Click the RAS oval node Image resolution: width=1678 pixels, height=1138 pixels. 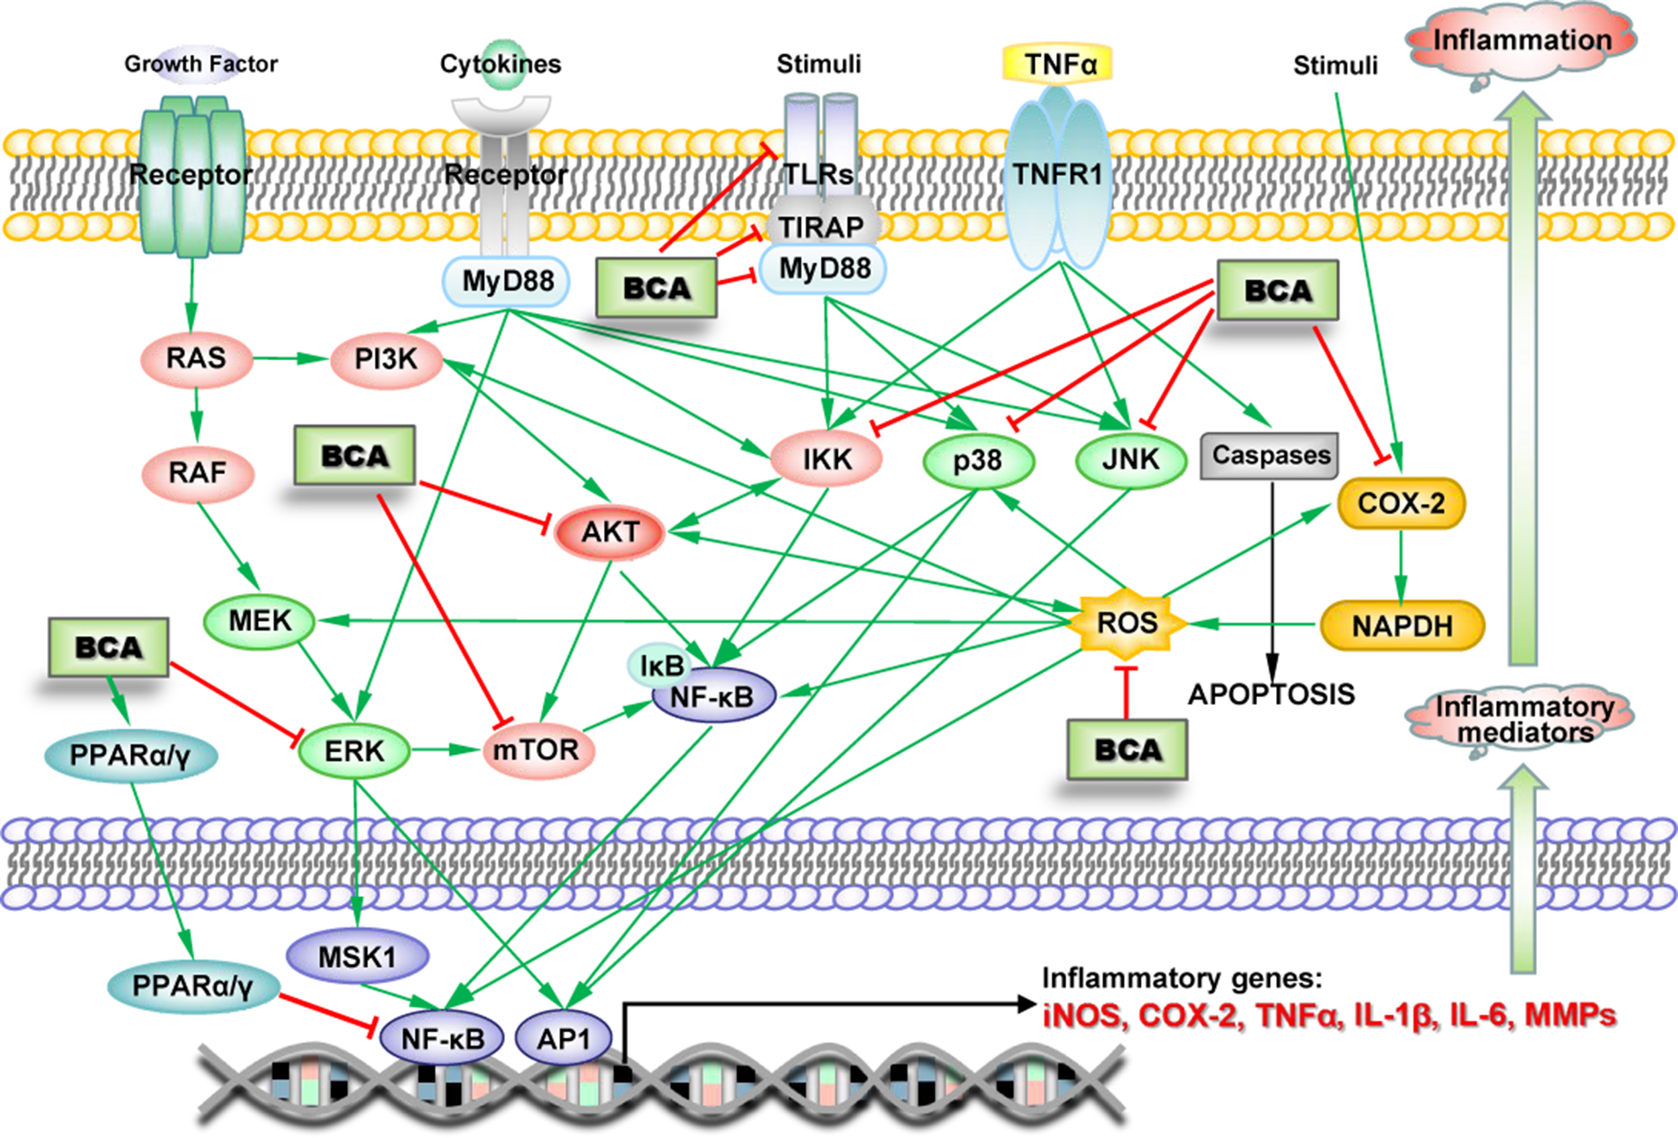pyautogui.click(x=197, y=358)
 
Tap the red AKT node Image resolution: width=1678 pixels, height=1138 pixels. pyautogui.click(x=610, y=532)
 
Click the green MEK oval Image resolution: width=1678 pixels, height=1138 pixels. pyautogui.click(x=259, y=621)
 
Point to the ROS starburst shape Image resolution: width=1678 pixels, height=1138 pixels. pyautogui.click(x=1126, y=622)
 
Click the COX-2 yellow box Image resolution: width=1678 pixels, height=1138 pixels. pyautogui.click(x=1401, y=504)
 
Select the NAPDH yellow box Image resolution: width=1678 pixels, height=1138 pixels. pyautogui.click(x=1402, y=626)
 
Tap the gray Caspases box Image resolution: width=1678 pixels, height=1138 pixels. pyautogui.click(x=1269, y=456)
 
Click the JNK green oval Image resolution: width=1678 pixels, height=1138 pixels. pyautogui.click(x=1131, y=459)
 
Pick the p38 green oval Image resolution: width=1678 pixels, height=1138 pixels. pyautogui.click(x=979, y=460)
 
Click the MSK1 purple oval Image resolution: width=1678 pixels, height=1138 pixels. pyautogui.click(x=357, y=957)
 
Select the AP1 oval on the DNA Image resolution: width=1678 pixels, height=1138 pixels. pyautogui.click(x=564, y=1039)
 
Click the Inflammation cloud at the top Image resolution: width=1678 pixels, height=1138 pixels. pyautogui.click(x=1522, y=41)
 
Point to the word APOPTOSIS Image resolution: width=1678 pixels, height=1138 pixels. pyautogui.click(x=1271, y=695)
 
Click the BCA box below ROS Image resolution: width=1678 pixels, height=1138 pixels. pyautogui.click(x=1127, y=749)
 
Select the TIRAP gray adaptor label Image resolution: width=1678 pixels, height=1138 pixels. pyautogui.click(x=822, y=228)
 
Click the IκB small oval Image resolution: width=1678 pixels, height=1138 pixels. pyautogui.click(x=660, y=665)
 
